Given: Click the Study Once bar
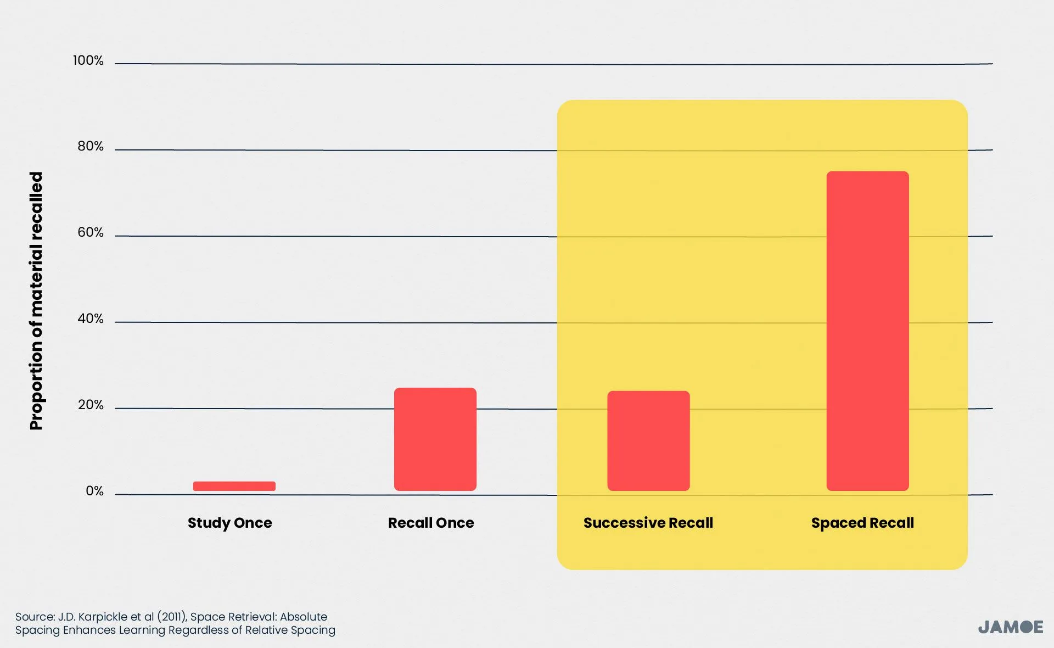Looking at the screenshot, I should [234, 486].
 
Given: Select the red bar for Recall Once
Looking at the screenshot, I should [435, 439].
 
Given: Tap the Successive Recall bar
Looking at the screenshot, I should [648, 441].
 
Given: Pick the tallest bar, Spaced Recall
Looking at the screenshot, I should [867, 331].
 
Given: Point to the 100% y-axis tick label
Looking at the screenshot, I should [88, 60].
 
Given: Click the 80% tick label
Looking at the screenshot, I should [90, 146].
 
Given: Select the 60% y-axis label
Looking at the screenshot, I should [90, 232].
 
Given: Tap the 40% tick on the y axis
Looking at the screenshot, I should [90, 319].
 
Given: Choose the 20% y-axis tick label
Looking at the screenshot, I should [90, 405].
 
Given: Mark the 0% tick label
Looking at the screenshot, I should [94, 491].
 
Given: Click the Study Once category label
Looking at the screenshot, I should [229, 523].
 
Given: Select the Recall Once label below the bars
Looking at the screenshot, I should [431, 523].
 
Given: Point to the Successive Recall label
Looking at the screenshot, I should [648, 523].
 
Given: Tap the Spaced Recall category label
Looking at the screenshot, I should [862, 523].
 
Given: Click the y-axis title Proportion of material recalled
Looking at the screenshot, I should [36, 301].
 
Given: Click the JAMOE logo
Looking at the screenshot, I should [1010, 627].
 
